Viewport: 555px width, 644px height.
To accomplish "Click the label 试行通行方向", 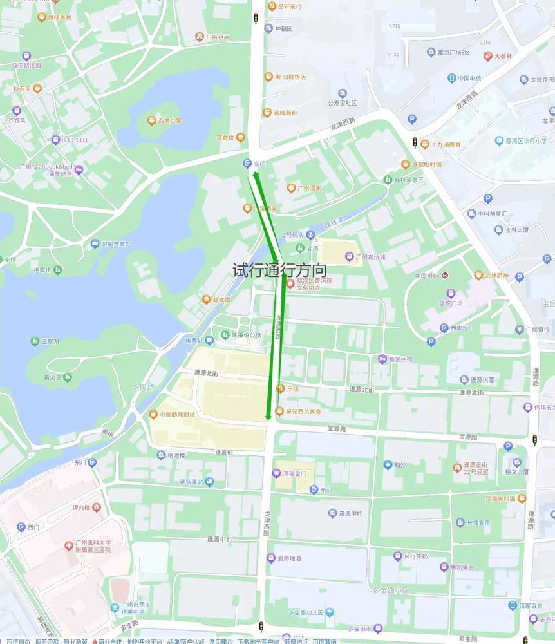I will point(279,270).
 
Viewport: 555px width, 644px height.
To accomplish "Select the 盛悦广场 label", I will point(451,303).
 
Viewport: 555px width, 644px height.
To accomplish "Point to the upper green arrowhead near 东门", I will point(255,175).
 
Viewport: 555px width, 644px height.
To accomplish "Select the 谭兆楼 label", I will point(84,507).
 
